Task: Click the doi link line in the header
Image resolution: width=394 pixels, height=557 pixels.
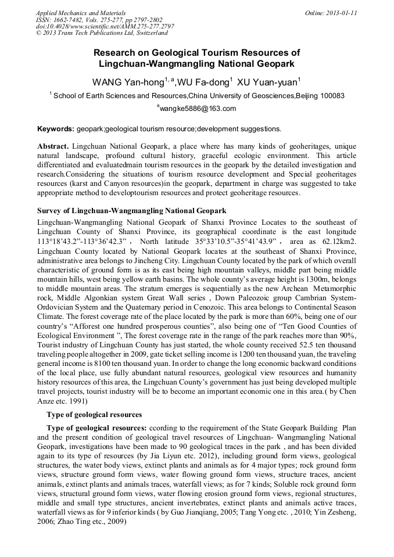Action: click(105, 27)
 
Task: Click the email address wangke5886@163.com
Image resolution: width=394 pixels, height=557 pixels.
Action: click(198, 109)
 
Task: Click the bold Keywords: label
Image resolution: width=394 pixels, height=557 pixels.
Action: click(56, 129)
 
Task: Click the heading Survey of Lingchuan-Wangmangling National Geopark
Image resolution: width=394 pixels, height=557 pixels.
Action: click(132, 210)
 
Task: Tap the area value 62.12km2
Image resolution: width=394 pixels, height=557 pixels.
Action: click(339, 241)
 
